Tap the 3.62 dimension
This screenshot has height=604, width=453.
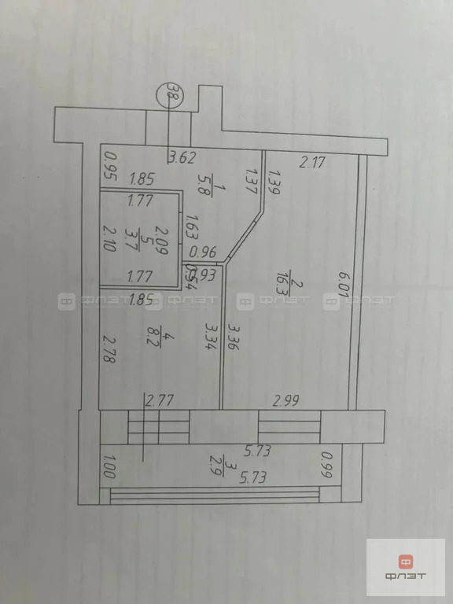[x=182, y=157]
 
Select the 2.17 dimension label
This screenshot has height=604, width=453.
[x=311, y=163]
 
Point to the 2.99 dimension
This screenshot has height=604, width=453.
[x=287, y=400]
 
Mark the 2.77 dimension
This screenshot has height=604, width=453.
[x=160, y=400]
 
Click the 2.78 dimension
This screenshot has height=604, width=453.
[x=110, y=347]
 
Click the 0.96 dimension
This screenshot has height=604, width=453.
[x=204, y=252]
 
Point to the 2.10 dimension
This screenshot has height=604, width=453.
[x=110, y=236]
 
